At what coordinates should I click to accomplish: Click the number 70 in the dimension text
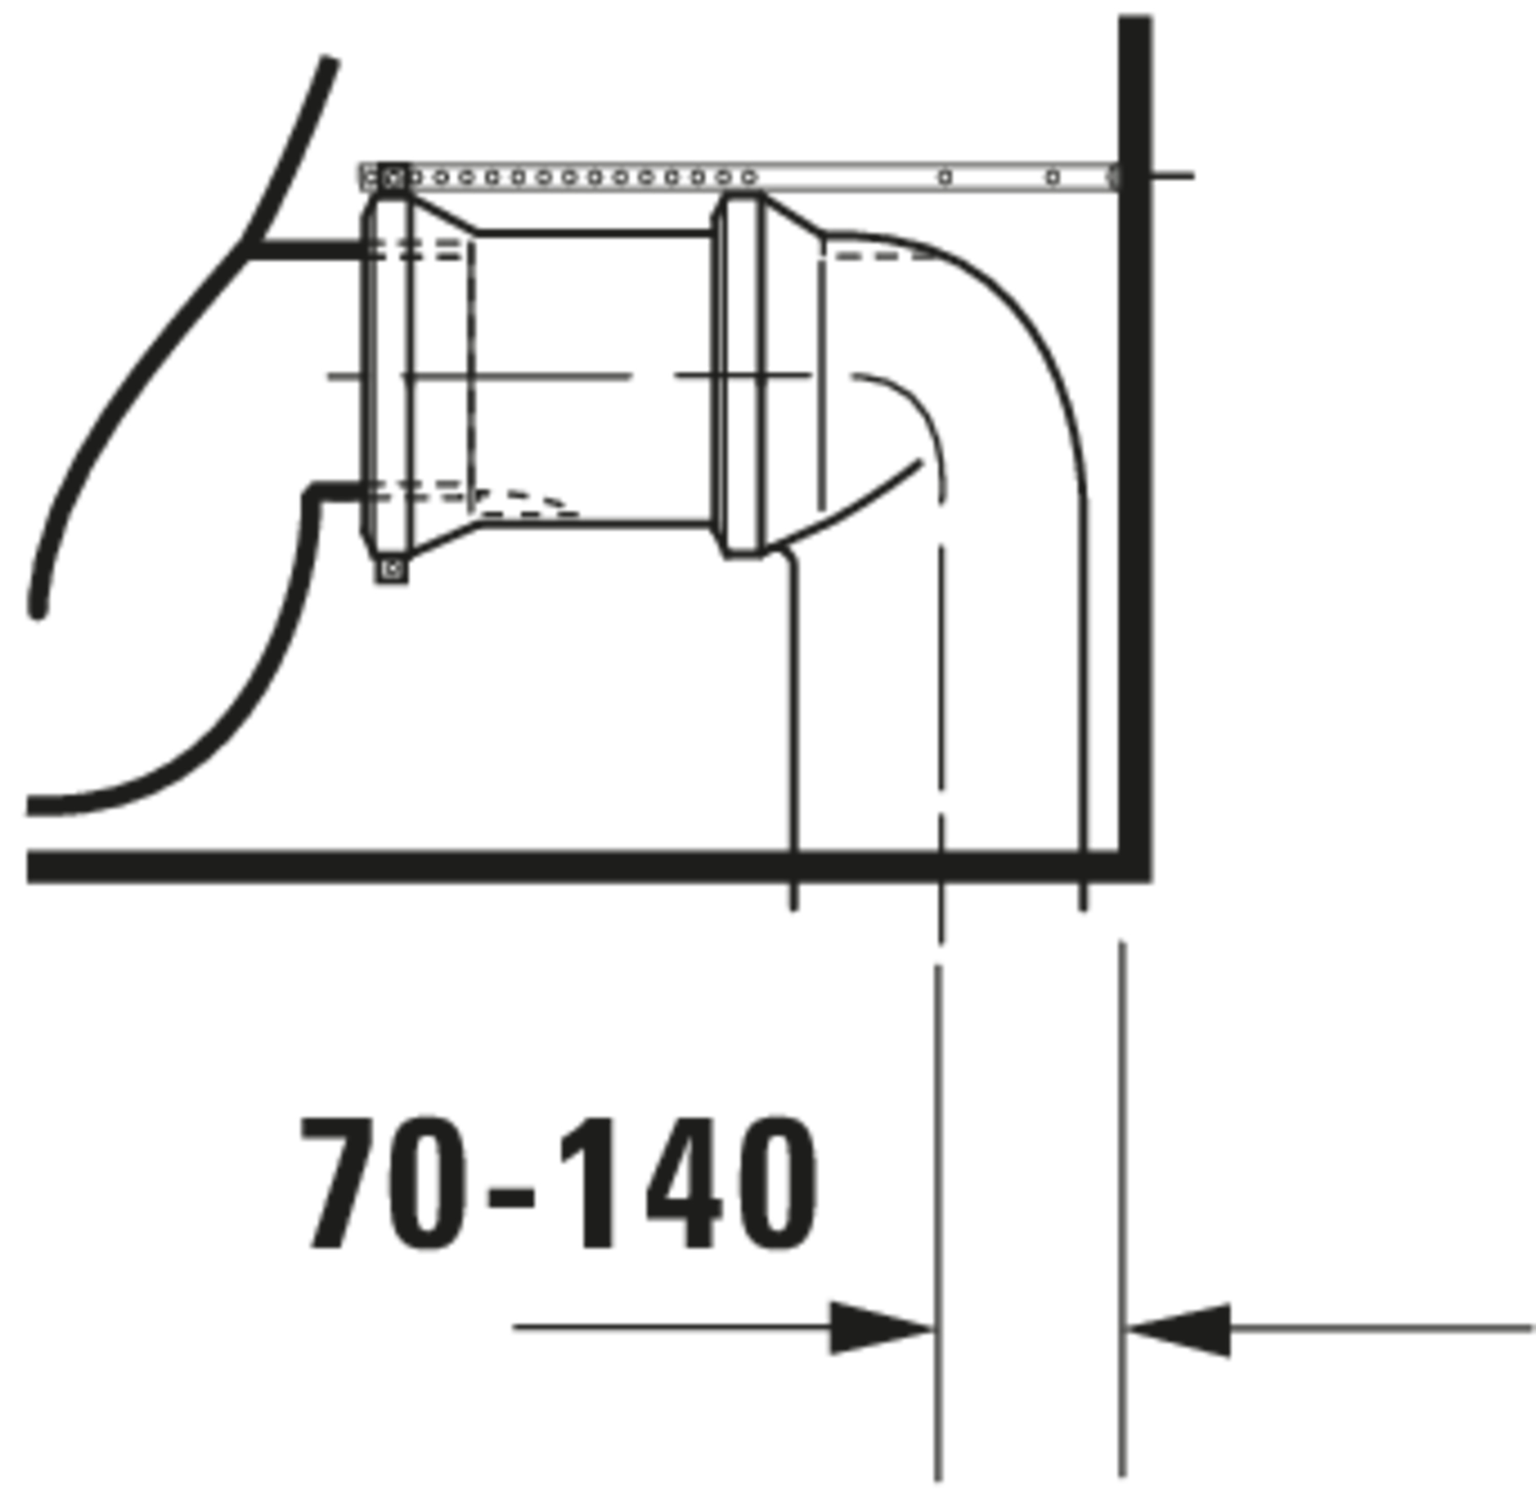click(385, 1184)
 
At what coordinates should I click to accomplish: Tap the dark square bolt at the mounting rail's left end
click(393, 178)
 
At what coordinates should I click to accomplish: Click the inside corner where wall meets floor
click(1118, 850)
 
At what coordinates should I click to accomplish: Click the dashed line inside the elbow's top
click(880, 256)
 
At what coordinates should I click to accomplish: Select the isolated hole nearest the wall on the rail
click(1053, 178)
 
